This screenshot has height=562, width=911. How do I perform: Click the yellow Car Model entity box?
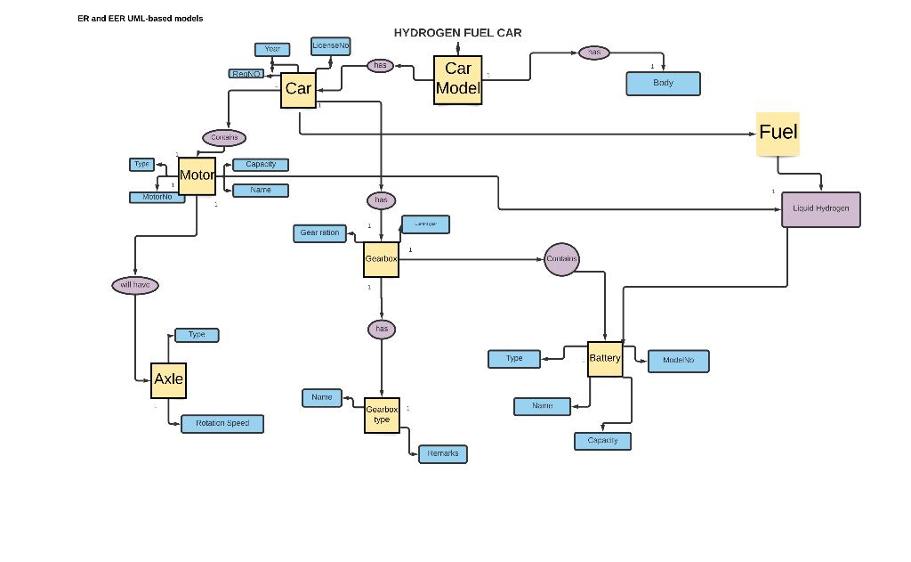point(458,80)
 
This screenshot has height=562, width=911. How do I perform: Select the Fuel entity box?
point(778,134)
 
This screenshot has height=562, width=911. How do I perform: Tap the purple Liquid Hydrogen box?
point(820,209)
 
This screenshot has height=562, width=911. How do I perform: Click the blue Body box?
point(663,84)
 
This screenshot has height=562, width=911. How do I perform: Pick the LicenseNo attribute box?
point(331,45)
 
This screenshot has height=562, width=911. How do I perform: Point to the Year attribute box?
point(272,50)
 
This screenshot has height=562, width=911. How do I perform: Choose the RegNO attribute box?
point(246,74)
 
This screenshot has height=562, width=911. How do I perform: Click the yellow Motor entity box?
point(197,175)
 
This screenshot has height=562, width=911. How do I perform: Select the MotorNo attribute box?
point(157,197)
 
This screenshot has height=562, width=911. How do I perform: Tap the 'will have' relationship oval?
point(134,285)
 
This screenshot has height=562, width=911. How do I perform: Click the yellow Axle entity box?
point(168,379)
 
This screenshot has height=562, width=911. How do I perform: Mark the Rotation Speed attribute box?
point(222,424)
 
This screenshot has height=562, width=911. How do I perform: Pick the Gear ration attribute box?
point(319,233)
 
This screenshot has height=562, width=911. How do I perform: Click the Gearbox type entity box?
point(382,415)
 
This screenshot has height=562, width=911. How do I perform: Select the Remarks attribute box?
point(442,454)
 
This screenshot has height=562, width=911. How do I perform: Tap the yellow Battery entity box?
point(605,359)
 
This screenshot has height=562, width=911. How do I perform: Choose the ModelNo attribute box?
point(678,361)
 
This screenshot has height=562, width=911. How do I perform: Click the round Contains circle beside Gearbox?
point(561,259)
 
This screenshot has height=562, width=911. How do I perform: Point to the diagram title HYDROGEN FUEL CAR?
point(457,33)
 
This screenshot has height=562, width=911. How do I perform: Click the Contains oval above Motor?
point(224,137)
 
